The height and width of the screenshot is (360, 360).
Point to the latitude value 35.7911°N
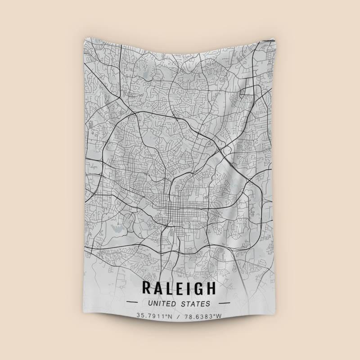pyautogui.click(x=155, y=316)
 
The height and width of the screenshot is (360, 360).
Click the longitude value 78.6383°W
pyautogui.click(x=202, y=316)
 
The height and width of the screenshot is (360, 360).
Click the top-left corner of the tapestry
pyautogui.click(x=84, y=38)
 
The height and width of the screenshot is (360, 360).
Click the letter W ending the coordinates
pyautogui.click(x=219, y=316)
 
